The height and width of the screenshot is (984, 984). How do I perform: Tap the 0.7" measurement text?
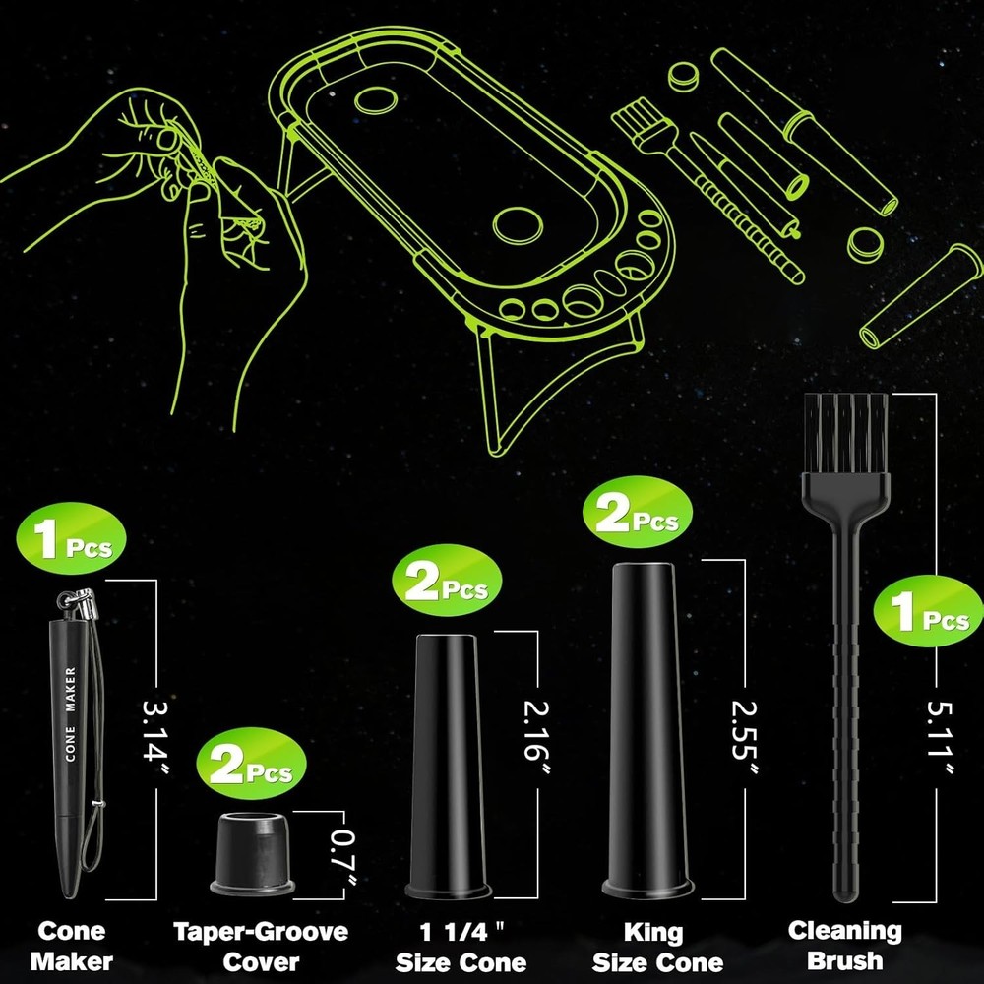coord(343,857)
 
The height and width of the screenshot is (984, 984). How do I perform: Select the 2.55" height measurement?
coord(744,737)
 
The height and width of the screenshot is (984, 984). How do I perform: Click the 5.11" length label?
coord(940,737)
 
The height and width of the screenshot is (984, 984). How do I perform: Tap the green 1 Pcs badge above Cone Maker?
coord(72,538)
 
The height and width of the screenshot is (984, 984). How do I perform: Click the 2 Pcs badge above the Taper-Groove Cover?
coord(251,764)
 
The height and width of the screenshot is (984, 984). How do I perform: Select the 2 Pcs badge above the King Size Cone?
coord(638,512)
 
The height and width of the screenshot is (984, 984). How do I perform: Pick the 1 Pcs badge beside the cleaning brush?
coord(928,611)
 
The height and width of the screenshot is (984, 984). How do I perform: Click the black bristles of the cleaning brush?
coord(846,433)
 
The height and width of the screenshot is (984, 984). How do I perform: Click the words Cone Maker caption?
coord(72,947)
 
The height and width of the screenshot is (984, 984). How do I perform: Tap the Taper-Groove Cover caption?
coord(261,947)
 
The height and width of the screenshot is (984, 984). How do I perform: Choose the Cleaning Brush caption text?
coord(844,946)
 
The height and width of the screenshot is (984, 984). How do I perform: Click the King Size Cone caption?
coord(657,947)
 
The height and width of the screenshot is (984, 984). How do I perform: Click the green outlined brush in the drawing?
coord(706,193)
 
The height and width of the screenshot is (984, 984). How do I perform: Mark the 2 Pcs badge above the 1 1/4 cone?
coord(447,581)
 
